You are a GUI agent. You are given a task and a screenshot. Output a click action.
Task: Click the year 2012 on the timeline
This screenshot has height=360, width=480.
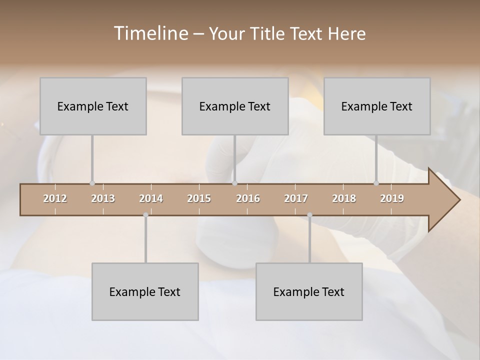[55, 198]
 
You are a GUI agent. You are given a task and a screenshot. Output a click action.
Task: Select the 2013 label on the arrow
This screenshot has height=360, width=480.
[103, 198]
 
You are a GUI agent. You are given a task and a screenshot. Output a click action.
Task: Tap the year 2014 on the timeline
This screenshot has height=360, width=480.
[151, 198]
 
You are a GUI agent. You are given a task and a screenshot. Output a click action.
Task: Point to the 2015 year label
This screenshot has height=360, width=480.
[199, 198]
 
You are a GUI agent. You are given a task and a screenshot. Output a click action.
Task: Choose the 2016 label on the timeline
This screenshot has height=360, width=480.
[248, 198]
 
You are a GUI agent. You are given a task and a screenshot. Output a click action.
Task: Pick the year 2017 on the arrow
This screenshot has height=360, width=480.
[296, 198]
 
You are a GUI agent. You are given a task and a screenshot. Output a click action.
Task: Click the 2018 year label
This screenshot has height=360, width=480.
[344, 198]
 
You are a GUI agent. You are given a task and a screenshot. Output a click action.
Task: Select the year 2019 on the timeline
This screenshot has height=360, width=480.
[392, 198]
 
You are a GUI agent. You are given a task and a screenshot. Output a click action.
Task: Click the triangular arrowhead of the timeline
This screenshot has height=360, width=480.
[443, 200]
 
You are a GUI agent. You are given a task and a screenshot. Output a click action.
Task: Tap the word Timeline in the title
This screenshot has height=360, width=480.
[150, 33]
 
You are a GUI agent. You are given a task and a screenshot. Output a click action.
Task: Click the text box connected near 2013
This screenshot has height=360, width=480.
[93, 106]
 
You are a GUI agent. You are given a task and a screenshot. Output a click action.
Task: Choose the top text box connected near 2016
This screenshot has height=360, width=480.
[235, 106]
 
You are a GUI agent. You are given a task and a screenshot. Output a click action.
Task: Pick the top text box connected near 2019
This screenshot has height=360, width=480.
[377, 106]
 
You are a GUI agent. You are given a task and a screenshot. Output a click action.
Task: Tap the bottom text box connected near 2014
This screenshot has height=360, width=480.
[145, 291]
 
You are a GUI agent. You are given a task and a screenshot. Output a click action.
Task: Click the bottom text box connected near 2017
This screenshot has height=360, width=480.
[309, 291]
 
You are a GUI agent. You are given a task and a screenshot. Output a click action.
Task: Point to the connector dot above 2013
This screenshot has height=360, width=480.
[92, 183]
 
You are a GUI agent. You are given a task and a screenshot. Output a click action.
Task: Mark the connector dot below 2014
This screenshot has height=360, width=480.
[145, 215]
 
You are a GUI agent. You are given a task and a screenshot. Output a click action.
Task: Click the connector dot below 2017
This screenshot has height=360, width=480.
[309, 215]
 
